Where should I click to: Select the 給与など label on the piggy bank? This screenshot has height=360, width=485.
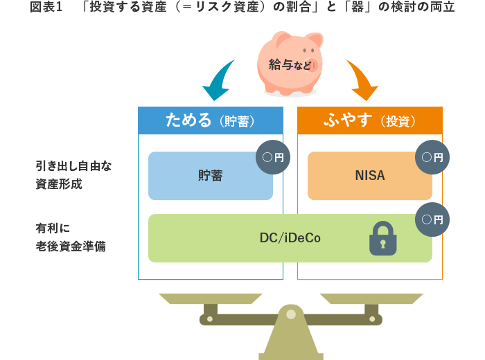point(290,65)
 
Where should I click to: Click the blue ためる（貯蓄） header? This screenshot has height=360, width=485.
point(211,120)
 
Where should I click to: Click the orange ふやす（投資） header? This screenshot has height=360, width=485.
point(369,120)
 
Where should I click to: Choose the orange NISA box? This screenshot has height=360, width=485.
point(369,176)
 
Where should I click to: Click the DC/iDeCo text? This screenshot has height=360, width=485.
point(290,238)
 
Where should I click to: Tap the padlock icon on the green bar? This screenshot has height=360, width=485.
point(382,239)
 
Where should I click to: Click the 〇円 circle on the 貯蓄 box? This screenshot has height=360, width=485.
point(273,157)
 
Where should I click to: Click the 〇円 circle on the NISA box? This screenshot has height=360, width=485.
point(432,157)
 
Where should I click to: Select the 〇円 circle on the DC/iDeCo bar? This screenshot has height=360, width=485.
point(432,220)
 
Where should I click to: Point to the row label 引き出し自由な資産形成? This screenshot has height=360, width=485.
point(73,175)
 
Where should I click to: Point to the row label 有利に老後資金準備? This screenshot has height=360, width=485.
point(71,237)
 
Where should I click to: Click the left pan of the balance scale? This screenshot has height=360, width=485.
point(211,298)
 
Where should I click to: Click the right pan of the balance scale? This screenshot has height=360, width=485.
point(371,298)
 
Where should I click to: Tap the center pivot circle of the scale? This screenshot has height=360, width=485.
point(291,314)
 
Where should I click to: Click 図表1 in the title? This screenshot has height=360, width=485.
point(46,8)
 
